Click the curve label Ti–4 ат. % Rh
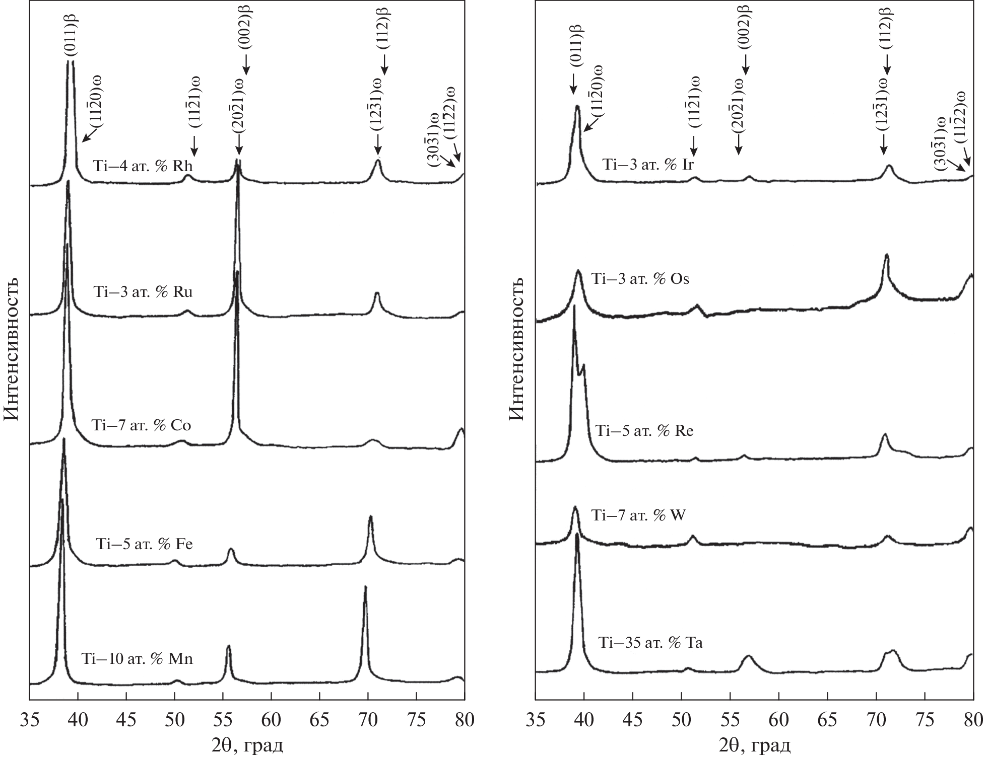pyautogui.click(x=143, y=166)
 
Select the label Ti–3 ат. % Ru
pyautogui.click(x=143, y=292)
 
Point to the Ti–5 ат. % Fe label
pyautogui.click(x=144, y=544)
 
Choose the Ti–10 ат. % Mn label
pyautogui.click(x=137, y=659)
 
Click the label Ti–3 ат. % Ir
pyautogui.click(x=648, y=164)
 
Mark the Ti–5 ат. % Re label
pyautogui.click(x=644, y=431)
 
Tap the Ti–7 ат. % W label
pyautogui.click(x=637, y=515)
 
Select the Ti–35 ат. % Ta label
pyautogui.click(x=650, y=643)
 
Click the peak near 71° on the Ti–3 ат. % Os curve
pyautogui.click(x=887, y=257)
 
